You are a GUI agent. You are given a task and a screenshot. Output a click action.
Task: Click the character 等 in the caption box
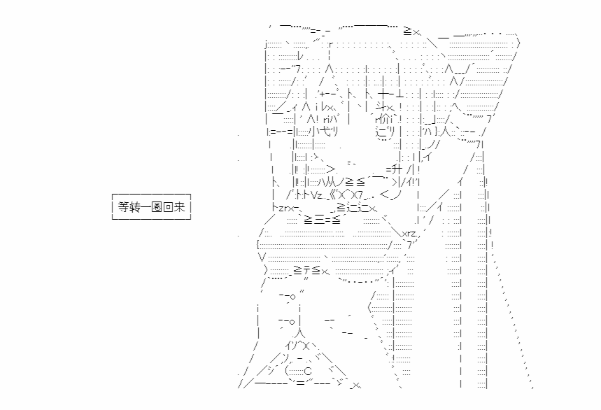coord(123,207)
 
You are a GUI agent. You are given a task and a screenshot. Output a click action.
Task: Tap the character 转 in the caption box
coord(134,207)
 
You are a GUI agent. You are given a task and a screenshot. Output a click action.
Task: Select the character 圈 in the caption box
coord(157,207)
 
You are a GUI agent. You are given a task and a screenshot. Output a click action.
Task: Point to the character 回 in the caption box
coord(168,207)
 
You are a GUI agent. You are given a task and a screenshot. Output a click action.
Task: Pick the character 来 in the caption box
coord(179,207)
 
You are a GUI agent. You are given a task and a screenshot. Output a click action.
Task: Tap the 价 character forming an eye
coord(383,119)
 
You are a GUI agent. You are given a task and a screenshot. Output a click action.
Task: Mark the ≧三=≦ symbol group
coord(322,220)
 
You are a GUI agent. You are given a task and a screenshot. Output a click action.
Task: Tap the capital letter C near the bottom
coord(308,372)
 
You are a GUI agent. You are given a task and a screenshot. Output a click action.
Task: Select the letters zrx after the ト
coord(286,208)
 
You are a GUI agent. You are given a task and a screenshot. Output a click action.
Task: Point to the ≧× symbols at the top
coord(411,31)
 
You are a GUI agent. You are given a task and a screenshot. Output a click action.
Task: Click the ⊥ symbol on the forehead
coord(399,94)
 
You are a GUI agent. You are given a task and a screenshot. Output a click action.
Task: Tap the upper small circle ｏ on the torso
coord(293,297)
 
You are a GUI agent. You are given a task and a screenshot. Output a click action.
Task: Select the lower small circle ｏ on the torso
coord(292,322)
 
